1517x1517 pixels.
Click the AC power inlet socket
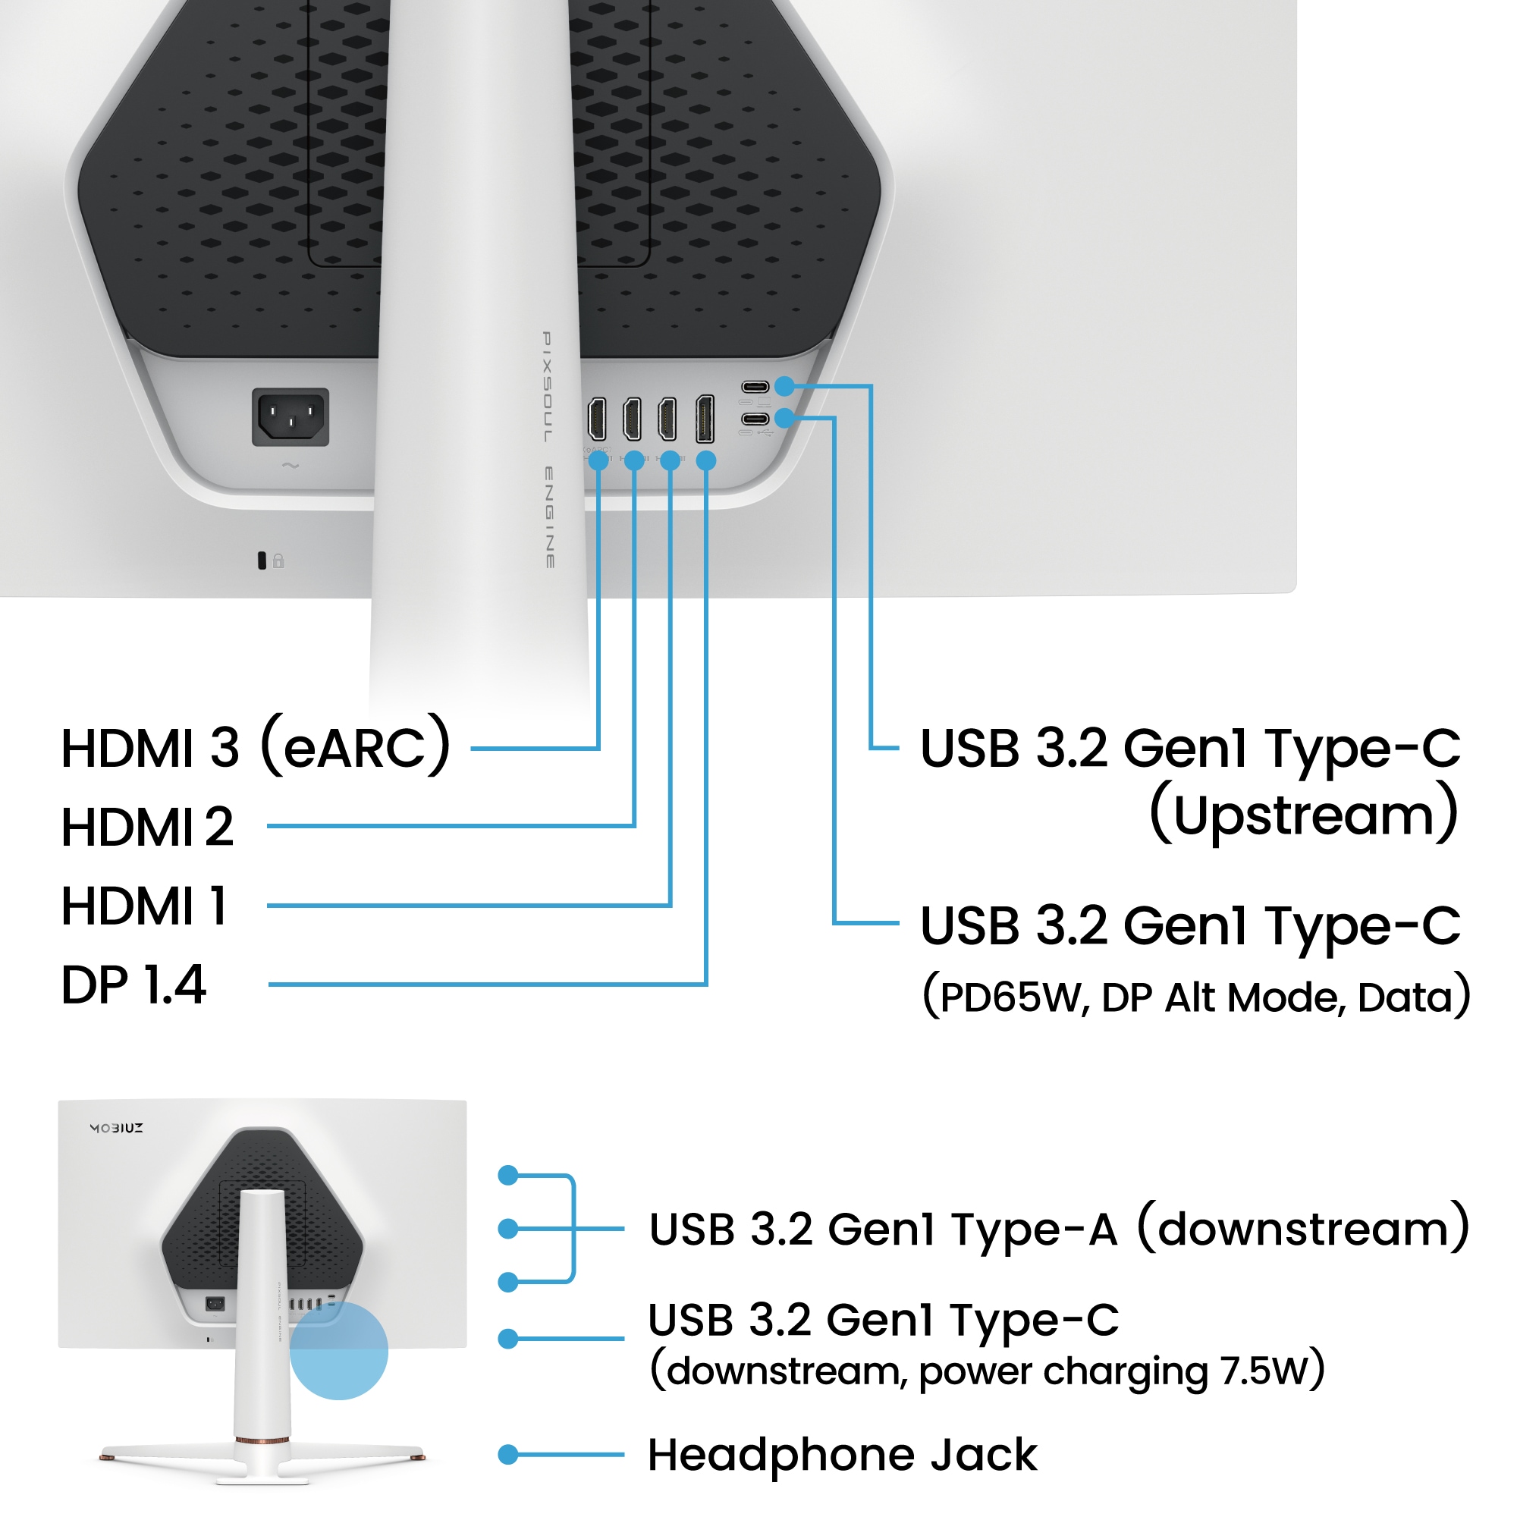coord(290,416)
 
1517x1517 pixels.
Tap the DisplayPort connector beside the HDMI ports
coord(705,419)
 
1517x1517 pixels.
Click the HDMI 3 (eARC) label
coord(256,746)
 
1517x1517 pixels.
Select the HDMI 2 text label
coord(148,827)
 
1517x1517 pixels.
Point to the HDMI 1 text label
coord(144,906)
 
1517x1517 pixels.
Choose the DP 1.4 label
coord(133,985)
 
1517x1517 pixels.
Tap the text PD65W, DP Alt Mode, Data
coord(1196,997)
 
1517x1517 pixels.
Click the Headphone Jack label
coord(842,1455)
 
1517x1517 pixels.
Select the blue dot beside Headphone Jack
coord(509,1455)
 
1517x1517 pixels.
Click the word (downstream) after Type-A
coord(1303,1229)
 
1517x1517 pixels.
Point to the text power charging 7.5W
coord(1121,1371)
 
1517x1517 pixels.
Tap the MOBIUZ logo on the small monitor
coord(116,1129)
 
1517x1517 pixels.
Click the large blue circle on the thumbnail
coord(338,1351)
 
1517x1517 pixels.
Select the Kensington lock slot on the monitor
coord(262,561)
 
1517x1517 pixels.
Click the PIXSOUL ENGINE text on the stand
coord(549,449)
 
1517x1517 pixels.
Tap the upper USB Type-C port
coord(755,386)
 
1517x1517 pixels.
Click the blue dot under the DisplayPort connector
coord(706,461)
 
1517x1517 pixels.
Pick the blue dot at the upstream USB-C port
coord(784,386)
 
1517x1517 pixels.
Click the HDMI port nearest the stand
coord(597,419)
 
